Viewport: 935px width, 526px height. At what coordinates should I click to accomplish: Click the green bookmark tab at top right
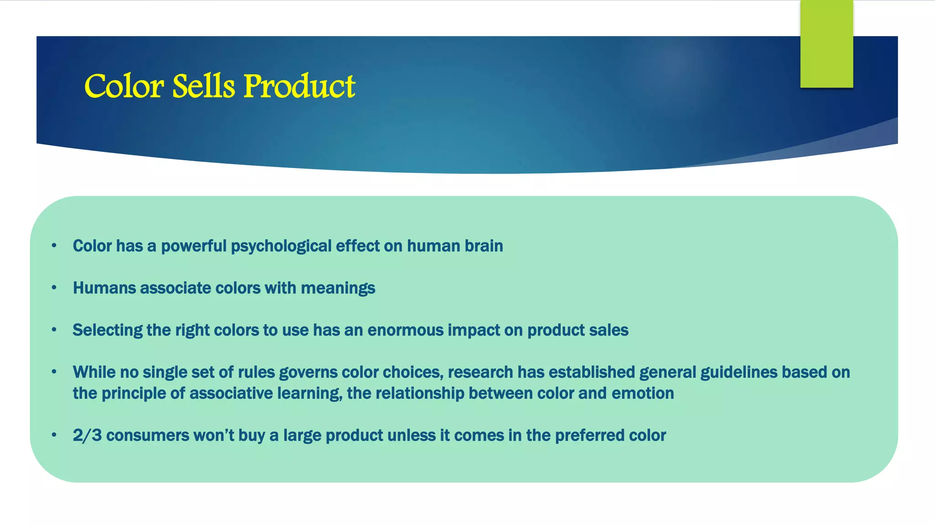826,44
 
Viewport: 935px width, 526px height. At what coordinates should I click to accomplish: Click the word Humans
104,288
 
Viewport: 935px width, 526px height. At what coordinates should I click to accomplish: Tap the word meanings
338,289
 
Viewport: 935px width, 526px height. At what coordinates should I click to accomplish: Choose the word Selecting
107,330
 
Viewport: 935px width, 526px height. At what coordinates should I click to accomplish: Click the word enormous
405,330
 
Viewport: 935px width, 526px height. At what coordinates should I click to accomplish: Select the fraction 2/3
87,435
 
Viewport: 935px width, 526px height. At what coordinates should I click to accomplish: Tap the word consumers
147,436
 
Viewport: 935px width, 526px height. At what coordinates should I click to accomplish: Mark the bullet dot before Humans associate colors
54,288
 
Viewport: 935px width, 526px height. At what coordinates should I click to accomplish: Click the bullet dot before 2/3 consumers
54,435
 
